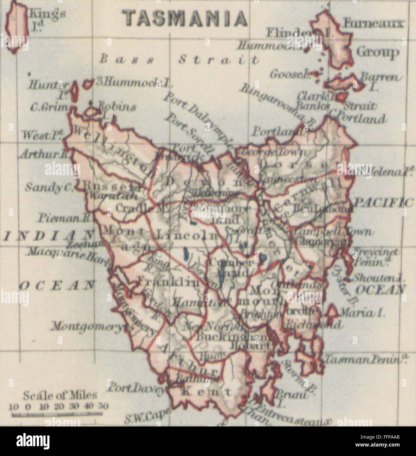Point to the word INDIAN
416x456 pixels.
pos(48,236)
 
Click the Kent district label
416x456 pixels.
pos(203,391)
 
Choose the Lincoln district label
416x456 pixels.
pos(187,235)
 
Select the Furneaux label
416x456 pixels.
pos(373,23)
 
